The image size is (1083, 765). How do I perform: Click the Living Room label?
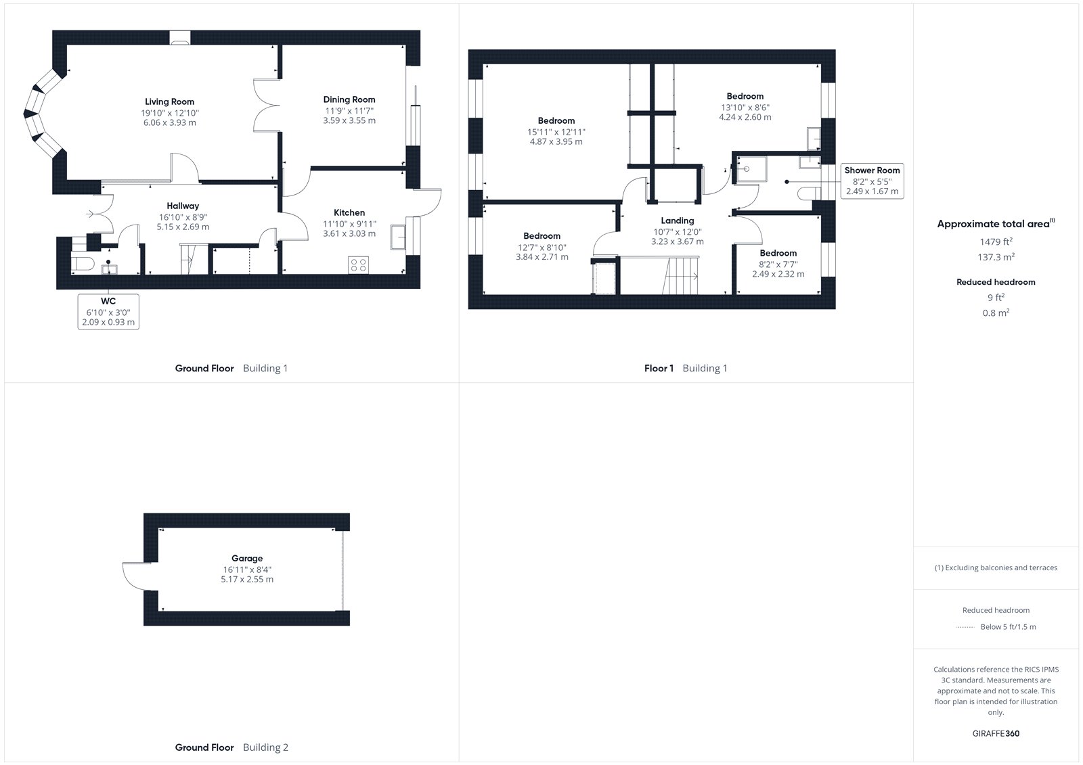point(169,101)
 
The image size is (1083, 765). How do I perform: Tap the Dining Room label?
point(349,99)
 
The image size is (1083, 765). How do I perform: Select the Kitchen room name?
point(349,212)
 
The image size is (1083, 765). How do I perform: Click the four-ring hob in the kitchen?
point(358,265)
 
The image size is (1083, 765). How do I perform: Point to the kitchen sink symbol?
point(398,237)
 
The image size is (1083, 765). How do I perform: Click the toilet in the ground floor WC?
point(82,264)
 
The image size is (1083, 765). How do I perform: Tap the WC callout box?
point(108,312)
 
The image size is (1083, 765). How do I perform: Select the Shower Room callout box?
point(872,181)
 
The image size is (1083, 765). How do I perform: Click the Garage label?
point(247,558)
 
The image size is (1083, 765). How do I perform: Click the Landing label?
point(678,221)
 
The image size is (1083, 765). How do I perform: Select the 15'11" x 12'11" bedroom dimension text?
point(556,132)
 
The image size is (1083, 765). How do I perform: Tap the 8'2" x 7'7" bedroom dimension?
point(778,264)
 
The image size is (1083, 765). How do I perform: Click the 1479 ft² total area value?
point(996,241)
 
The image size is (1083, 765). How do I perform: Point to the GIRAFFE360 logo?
point(996,734)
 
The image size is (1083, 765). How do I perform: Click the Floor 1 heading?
point(659,368)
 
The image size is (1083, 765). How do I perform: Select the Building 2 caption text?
point(265,747)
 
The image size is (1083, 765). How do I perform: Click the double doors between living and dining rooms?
point(267,105)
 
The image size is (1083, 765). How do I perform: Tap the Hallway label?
point(183,206)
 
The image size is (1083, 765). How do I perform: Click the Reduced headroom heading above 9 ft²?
point(996,282)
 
